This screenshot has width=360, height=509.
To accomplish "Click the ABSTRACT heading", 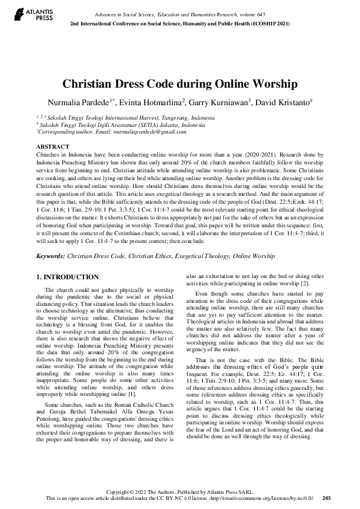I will point(53,147).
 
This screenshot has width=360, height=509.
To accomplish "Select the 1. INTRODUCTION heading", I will point(68,277).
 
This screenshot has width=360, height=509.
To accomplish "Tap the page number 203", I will point(327,498).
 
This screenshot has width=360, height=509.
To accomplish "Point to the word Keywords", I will point(50,256).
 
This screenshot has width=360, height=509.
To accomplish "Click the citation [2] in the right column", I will point(306,283).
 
